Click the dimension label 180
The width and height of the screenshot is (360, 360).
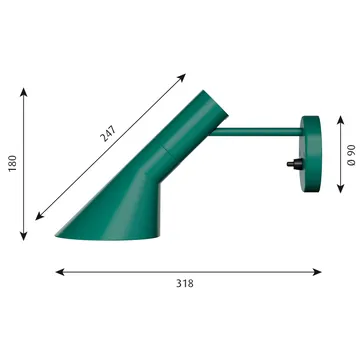(12, 164)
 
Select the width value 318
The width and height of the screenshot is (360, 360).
(184, 283)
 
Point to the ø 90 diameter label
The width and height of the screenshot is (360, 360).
(350, 154)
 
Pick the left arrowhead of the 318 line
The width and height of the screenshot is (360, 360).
(58, 270)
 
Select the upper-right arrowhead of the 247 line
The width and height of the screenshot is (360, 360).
(186, 75)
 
